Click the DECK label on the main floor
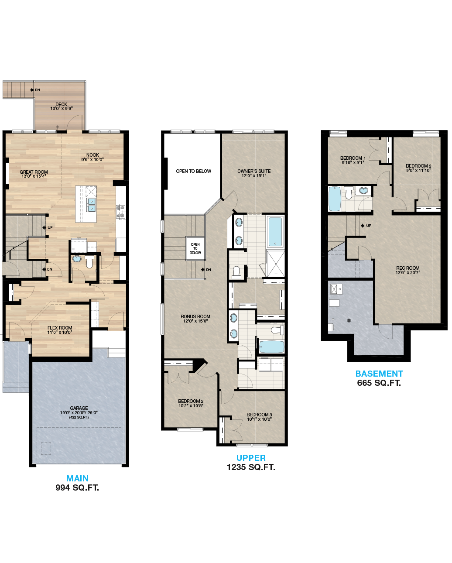61,104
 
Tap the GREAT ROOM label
34,172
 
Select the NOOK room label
92,155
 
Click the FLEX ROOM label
60,328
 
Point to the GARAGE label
79,408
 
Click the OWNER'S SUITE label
254,171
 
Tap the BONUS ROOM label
195,316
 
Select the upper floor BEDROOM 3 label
259,415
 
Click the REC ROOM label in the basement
408,268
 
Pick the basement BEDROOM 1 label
353,158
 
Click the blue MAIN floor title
77,478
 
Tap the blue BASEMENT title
379,374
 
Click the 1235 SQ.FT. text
251,467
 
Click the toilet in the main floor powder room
89,262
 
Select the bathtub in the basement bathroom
335,199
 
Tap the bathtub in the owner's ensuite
275,232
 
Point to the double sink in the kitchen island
91,205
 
